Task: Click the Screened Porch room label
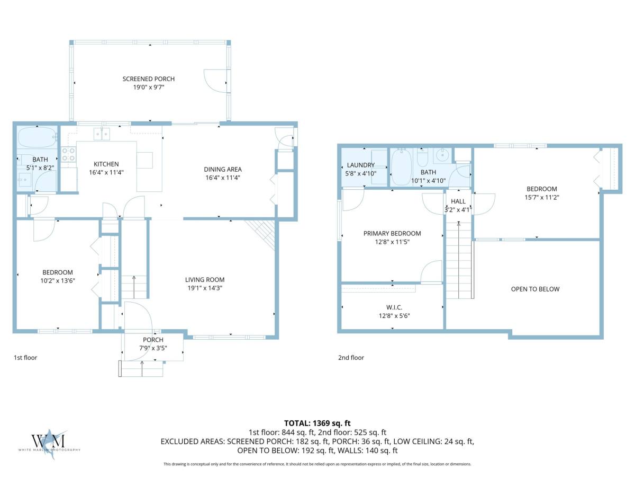[148, 79]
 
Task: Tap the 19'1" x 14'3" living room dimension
[205, 288]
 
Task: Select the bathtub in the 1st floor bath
[37, 138]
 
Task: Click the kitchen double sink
[102, 134]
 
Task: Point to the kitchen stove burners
[69, 154]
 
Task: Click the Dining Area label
[223, 170]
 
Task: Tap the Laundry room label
[361, 165]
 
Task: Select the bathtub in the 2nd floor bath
[401, 167]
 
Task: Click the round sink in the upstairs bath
[442, 155]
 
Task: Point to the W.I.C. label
[394, 307]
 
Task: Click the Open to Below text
[535, 289]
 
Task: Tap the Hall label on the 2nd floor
[458, 201]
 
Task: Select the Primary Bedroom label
[392, 233]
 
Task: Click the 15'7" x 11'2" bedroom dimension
[542, 198]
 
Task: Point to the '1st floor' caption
[25, 358]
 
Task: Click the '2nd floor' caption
[351, 358]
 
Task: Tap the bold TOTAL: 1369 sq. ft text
[317, 423]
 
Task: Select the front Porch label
[153, 340]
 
